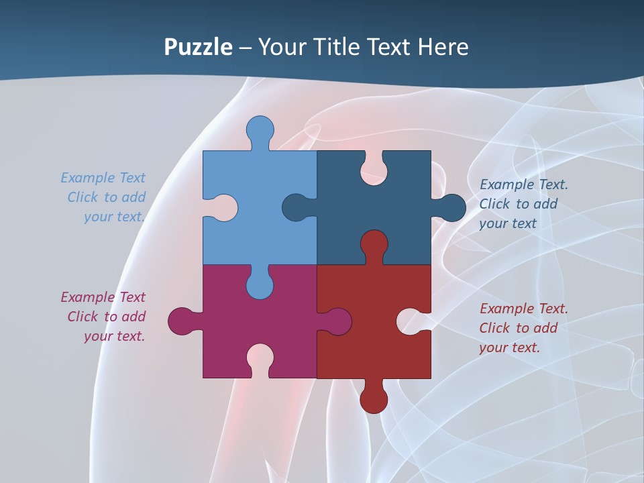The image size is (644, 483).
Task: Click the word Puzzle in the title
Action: tap(199, 48)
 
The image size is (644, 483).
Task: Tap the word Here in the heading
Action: tap(443, 47)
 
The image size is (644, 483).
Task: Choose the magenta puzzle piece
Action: tap(221, 315)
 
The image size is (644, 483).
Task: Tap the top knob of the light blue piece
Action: tap(260, 129)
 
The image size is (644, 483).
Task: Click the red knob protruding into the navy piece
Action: tap(374, 244)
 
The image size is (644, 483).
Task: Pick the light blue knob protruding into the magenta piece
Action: tap(260, 284)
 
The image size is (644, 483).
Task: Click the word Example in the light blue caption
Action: tap(88, 178)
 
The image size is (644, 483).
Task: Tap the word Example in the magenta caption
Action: tap(88, 297)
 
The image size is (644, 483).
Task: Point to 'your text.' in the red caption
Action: tap(509, 347)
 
